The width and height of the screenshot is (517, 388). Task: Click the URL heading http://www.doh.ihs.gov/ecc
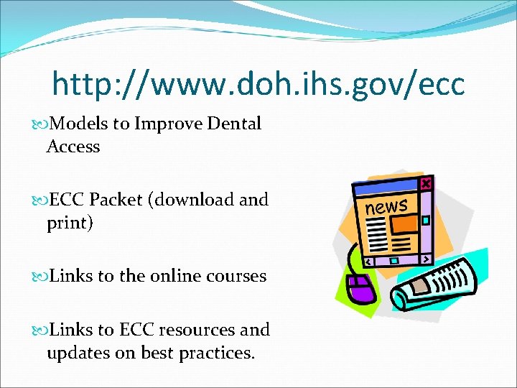pos(258,85)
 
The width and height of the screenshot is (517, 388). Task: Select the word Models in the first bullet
pos(79,124)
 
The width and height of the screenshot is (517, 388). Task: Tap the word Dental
pos(234,124)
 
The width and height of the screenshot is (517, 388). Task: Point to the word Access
pos(73,147)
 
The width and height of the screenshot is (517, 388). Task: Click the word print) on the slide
pos(70,223)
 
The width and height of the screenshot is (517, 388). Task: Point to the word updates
pos(74,353)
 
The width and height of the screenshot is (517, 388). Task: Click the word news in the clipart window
pos(386,206)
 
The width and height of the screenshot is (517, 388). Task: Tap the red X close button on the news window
pos(426,184)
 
